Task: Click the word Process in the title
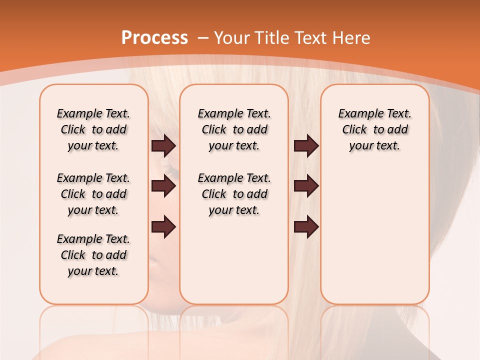pyautogui.click(x=154, y=38)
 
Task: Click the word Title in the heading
pyautogui.click(x=273, y=38)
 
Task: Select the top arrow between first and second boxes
pyautogui.click(x=163, y=145)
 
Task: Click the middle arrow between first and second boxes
pyautogui.click(x=163, y=186)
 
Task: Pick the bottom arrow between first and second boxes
pyautogui.click(x=163, y=227)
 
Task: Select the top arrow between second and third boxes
pyautogui.click(x=306, y=145)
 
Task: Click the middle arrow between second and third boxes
pyautogui.click(x=306, y=186)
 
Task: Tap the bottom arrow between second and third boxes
pyautogui.click(x=306, y=227)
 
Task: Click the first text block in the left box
pyautogui.click(x=93, y=129)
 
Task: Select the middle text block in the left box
pyautogui.click(x=93, y=194)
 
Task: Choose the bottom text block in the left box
pyautogui.click(x=93, y=255)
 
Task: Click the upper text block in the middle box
pyautogui.click(x=234, y=129)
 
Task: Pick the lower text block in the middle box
pyautogui.click(x=234, y=194)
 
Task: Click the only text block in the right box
pyautogui.click(x=374, y=129)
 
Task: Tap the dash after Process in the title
pyautogui.click(x=203, y=38)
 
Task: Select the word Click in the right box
pyautogui.click(x=354, y=130)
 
